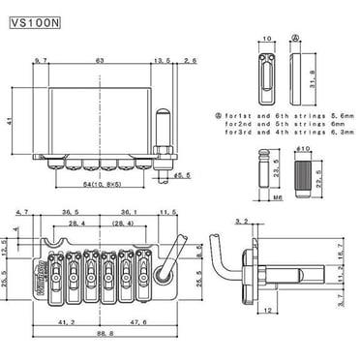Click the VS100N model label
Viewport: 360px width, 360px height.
pyautogui.click(x=39, y=18)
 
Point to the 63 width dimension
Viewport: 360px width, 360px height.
pyautogui.click(x=98, y=60)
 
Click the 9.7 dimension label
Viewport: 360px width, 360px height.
pyautogui.click(x=40, y=60)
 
